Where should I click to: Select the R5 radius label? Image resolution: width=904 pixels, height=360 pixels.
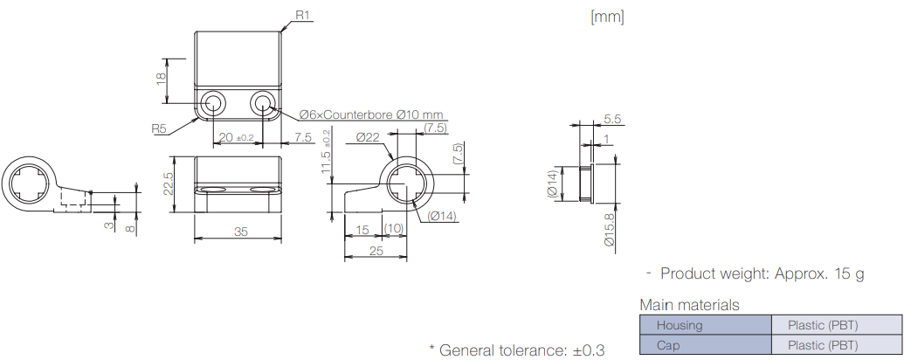coord(158,128)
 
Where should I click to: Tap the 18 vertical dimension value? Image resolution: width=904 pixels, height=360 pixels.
coord(161,78)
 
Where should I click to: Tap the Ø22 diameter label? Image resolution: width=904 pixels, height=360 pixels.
coord(368,137)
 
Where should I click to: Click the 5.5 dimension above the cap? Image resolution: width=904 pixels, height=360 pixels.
coord(611,120)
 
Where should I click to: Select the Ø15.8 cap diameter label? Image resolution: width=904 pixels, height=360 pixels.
coord(609,229)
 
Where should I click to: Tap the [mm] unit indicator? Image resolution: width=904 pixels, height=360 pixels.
coord(607,16)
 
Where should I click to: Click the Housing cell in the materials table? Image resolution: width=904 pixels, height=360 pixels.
coord(679,325)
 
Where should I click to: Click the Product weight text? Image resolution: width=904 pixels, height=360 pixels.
coord(762,273)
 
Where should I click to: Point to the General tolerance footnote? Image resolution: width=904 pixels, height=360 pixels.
coord(516,350)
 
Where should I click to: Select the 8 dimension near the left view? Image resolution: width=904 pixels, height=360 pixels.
coord(130,229)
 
